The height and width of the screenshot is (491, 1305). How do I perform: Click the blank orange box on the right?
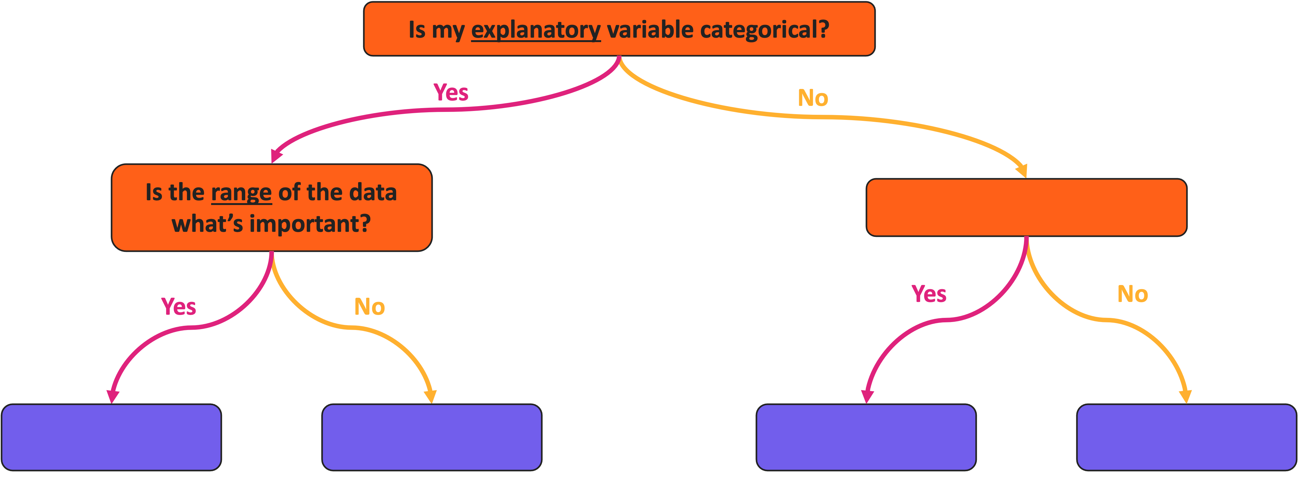pos(1026,207)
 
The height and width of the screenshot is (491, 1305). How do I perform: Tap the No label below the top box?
pos(813,98)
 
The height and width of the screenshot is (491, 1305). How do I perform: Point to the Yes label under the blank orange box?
pos(929,294)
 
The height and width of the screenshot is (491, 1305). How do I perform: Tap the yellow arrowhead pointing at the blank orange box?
pos(1022,171)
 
